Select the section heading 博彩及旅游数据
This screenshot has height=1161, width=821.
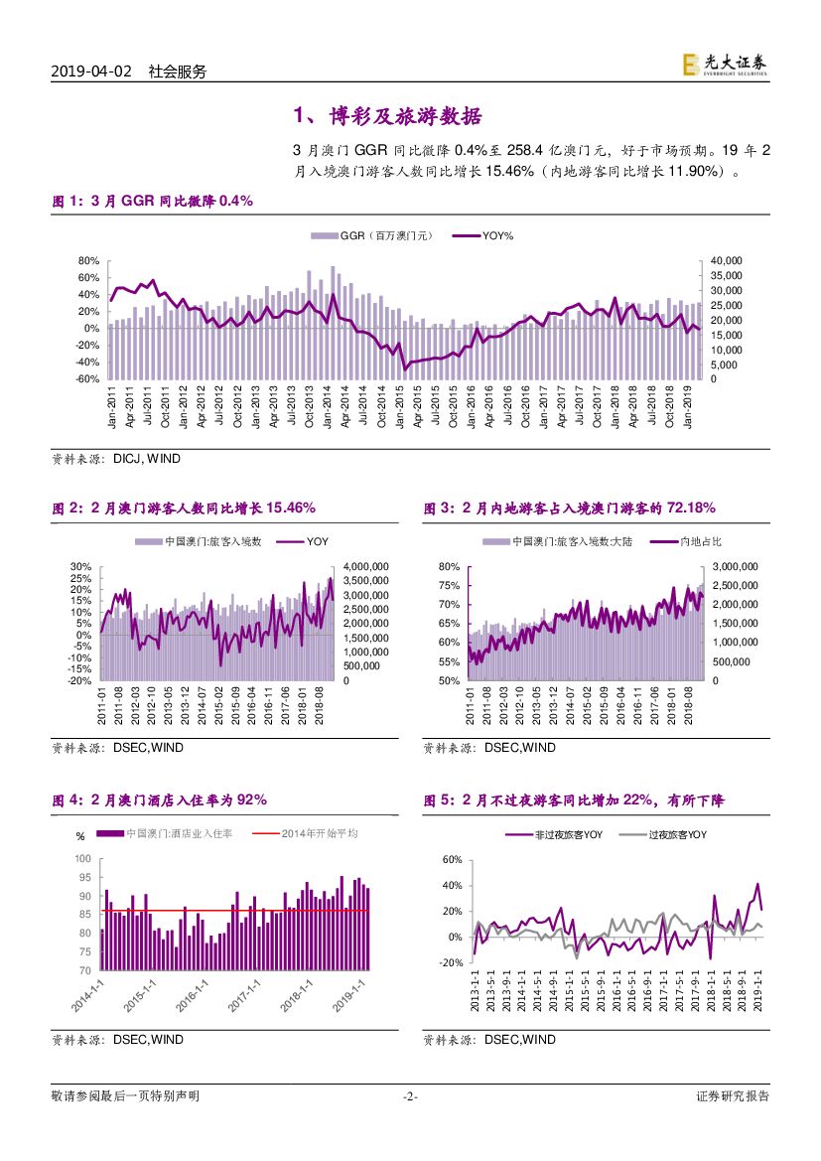pos(388,116)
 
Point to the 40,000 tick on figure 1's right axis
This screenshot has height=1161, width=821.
pos(728,260)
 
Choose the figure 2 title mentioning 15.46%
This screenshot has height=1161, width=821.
pos(184,508)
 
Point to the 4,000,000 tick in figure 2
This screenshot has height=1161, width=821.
pos(365,566)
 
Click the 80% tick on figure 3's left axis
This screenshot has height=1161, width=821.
pos(449,566)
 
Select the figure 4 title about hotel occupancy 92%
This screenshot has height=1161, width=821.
pos(159,799)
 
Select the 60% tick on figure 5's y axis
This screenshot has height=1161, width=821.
pos(451,859)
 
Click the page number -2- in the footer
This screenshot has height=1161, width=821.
pos(409,1096)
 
